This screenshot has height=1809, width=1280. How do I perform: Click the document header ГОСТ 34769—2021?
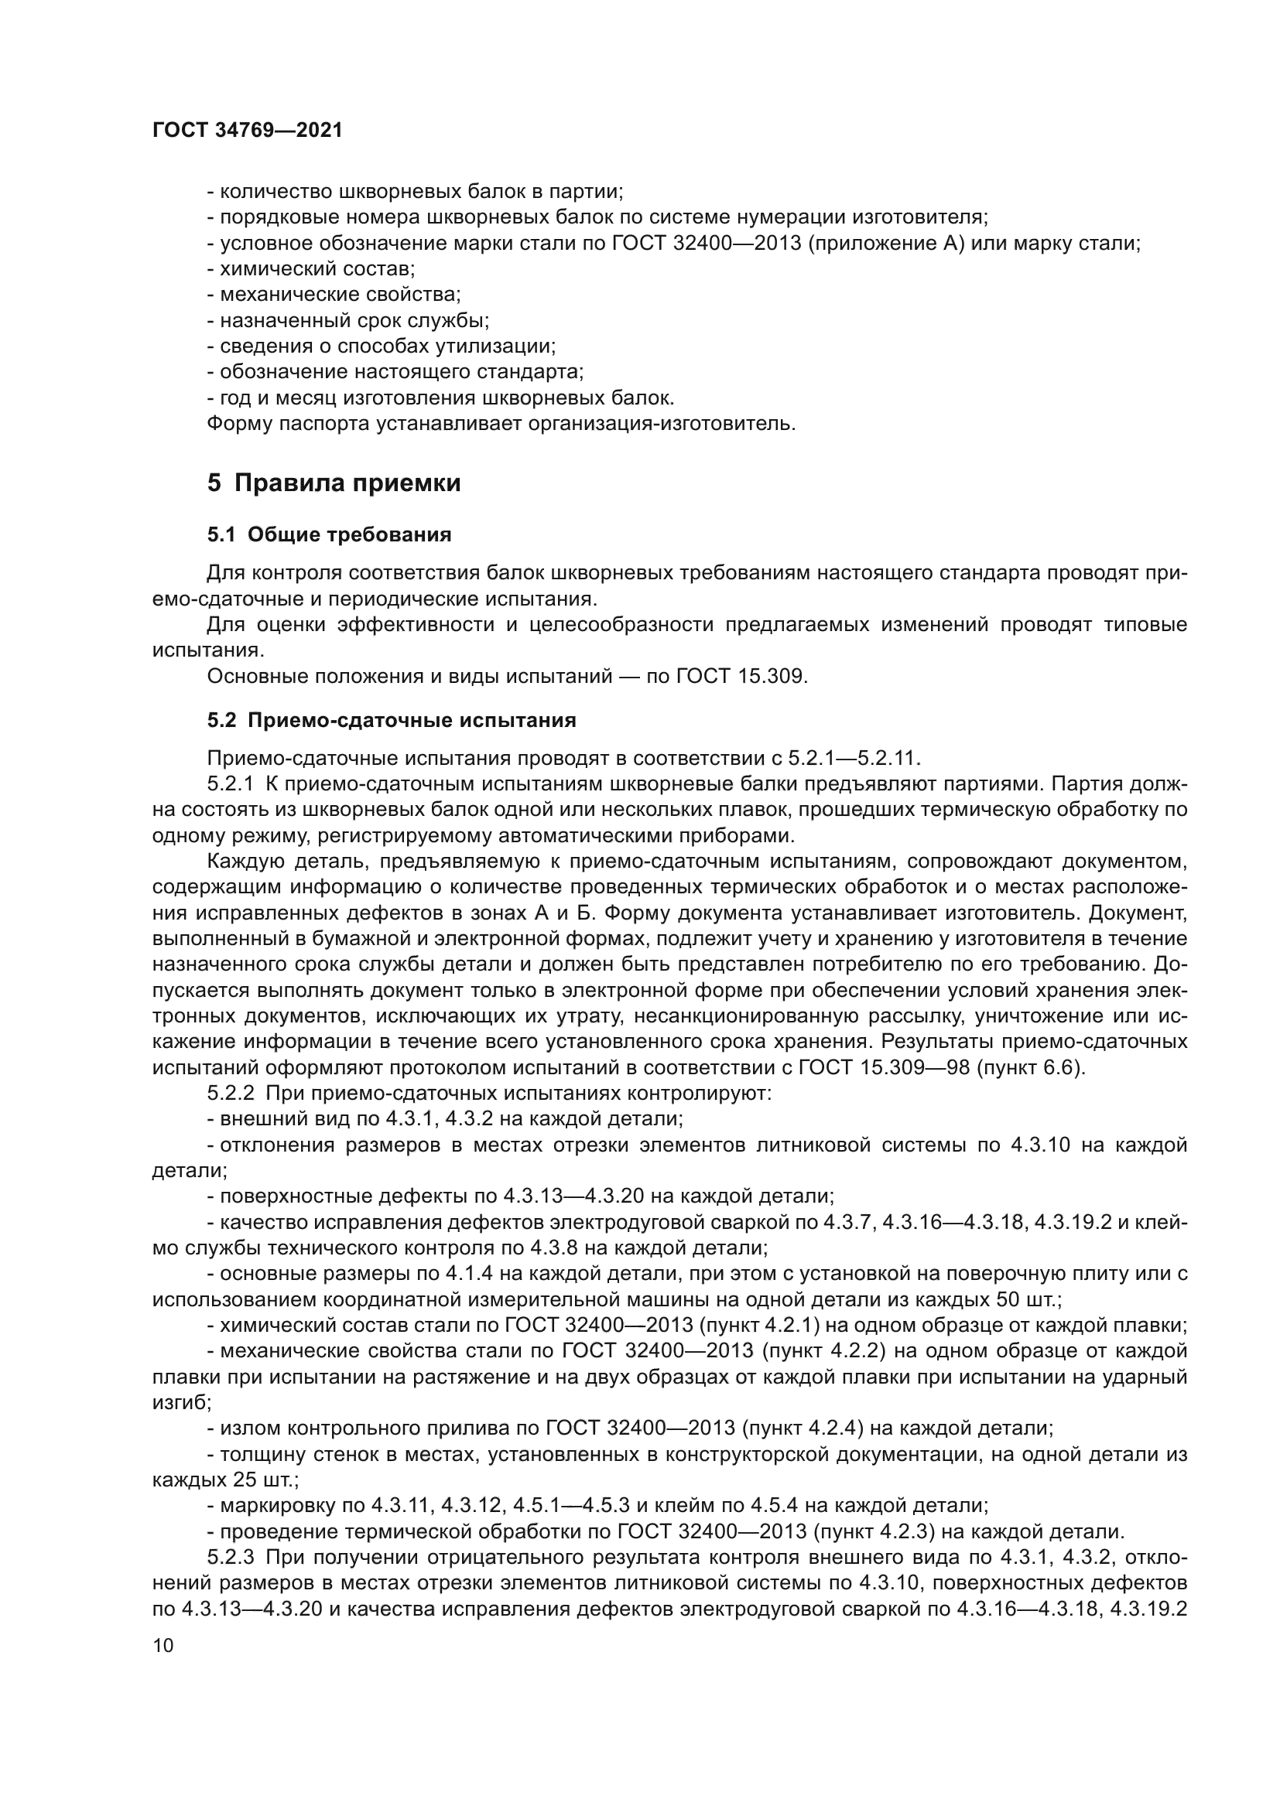tap(248, 131)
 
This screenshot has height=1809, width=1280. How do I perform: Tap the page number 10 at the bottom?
tap(163, 1646)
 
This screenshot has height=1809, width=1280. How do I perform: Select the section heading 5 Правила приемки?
tap(334, 483)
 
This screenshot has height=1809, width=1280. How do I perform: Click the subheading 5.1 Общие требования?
tap(330, 535)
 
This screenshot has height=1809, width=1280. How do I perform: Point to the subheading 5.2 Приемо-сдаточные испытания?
tap(392, 720)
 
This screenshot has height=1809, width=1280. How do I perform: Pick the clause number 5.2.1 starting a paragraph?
tap(230, 784)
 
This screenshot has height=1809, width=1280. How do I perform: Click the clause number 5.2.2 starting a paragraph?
tap(230, 1094)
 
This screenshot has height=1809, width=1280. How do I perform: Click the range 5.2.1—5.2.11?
tap(854, 758)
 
